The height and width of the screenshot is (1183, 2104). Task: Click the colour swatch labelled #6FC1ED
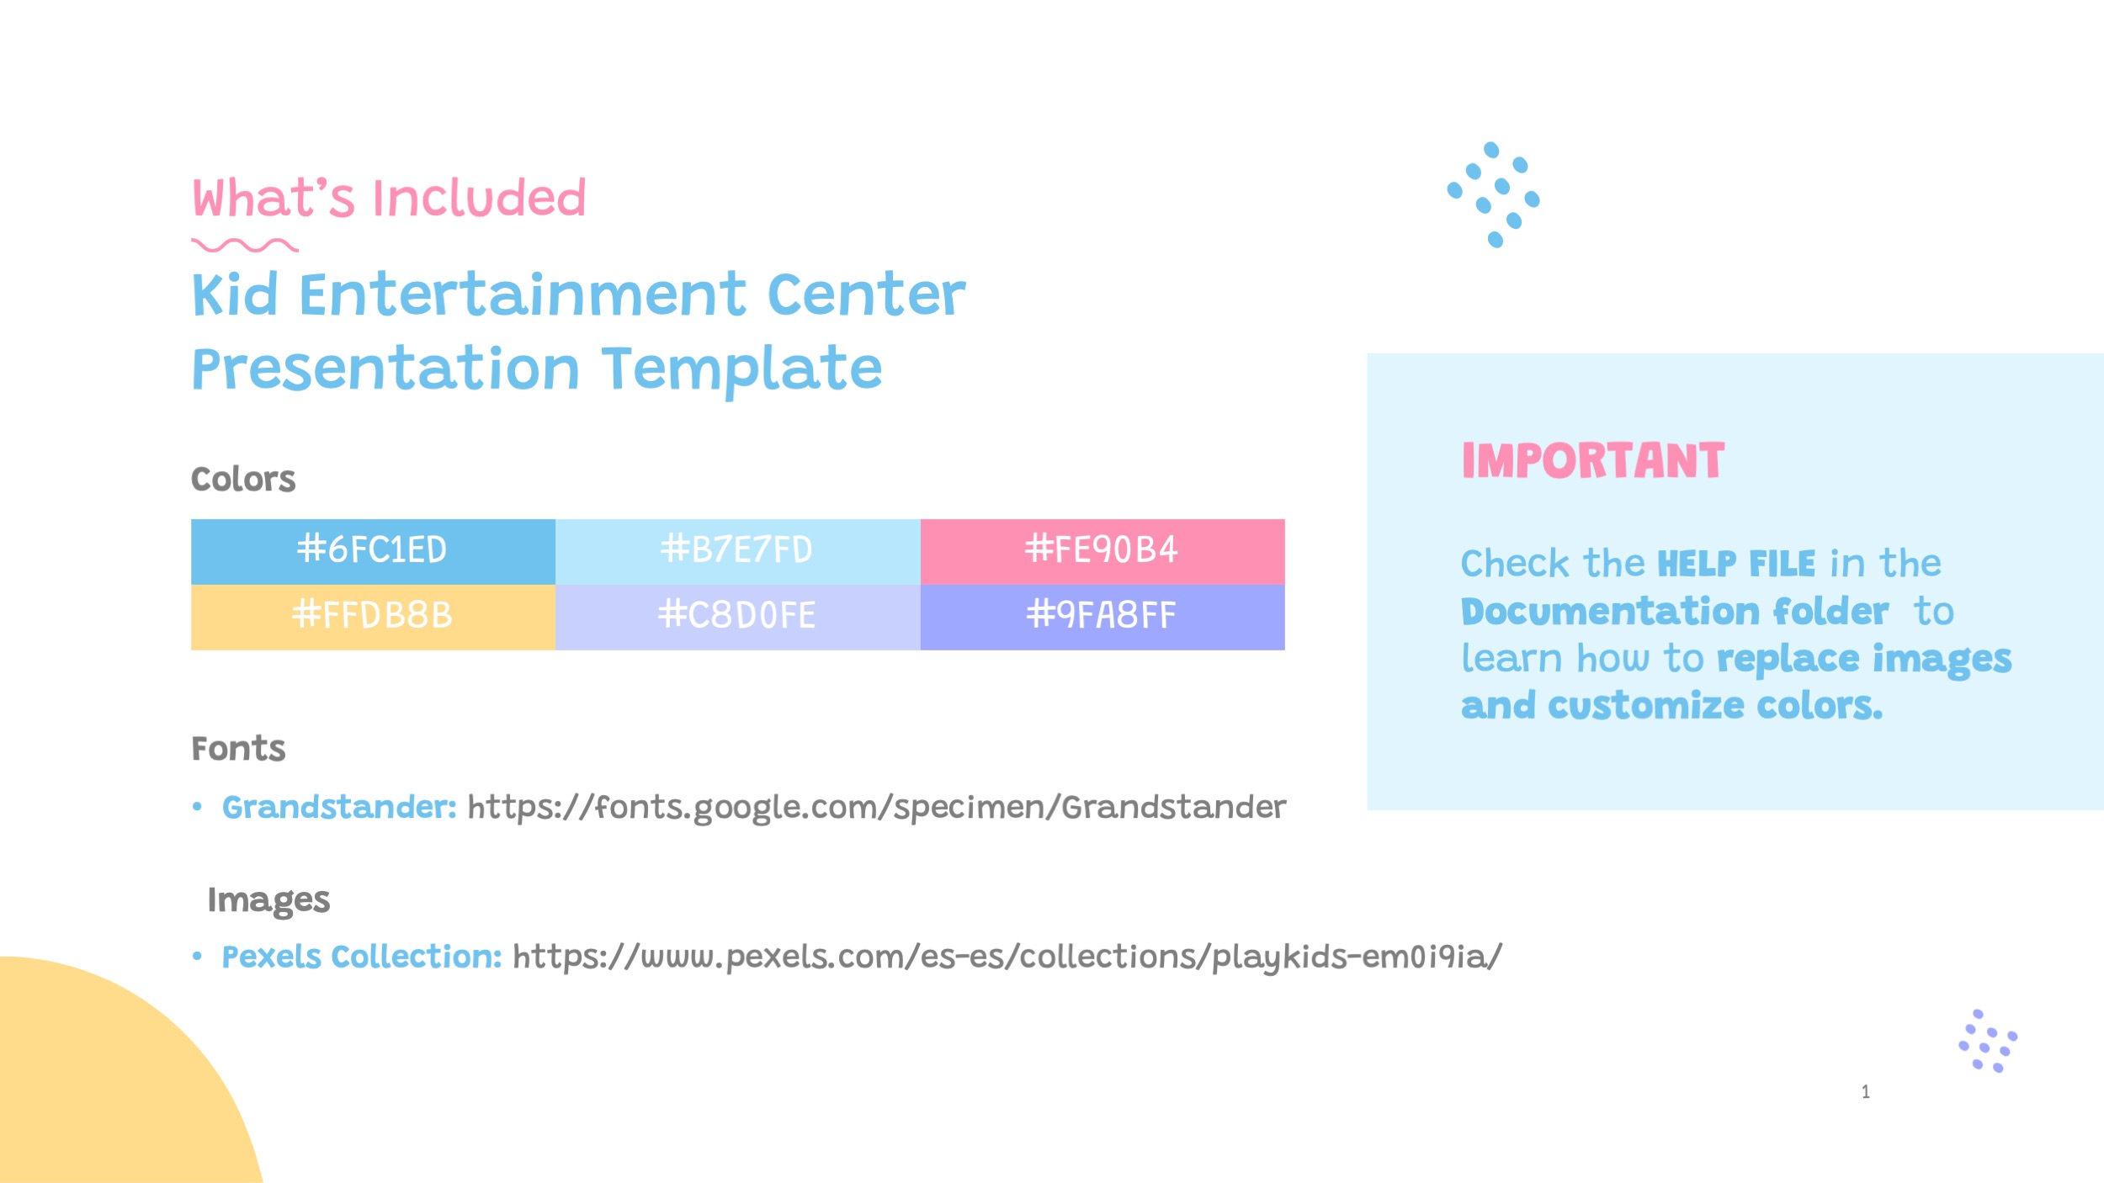click(x=373, y=551)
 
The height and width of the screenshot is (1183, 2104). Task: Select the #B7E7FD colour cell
click(x=737, y=551)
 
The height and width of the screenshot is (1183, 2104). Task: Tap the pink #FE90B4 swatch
click(x=1102, y=551)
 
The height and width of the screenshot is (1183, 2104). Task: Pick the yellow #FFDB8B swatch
click(x=373, y=616)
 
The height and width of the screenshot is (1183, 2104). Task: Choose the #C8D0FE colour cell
click(x=737, y=616)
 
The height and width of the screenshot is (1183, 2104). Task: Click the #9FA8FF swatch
click(x=1102, y=616)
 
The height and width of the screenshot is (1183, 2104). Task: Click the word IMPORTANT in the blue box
click(x=1592, y=461)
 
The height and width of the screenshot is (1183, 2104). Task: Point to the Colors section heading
click(x=243, y=480)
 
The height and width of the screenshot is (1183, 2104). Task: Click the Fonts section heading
click(x=238, y=749)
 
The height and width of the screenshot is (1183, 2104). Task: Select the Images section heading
click(x=268, y=900)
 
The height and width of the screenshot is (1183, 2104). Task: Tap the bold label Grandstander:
click(x=339, y=808)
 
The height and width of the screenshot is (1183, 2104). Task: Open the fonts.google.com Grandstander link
click(x=876, y=808)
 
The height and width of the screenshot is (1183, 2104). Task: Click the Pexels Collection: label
click(x=362, y=958)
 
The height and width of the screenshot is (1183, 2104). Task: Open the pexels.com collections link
click(x=1007, y=958)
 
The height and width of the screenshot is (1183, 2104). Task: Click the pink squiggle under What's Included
click(x=244, y=246)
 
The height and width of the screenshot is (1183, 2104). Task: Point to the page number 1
click(x=1866, y=1092)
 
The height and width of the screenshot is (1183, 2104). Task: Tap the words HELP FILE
click(x=1736, y=564)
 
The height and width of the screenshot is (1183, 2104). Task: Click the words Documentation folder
click(x=1675, y=612)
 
